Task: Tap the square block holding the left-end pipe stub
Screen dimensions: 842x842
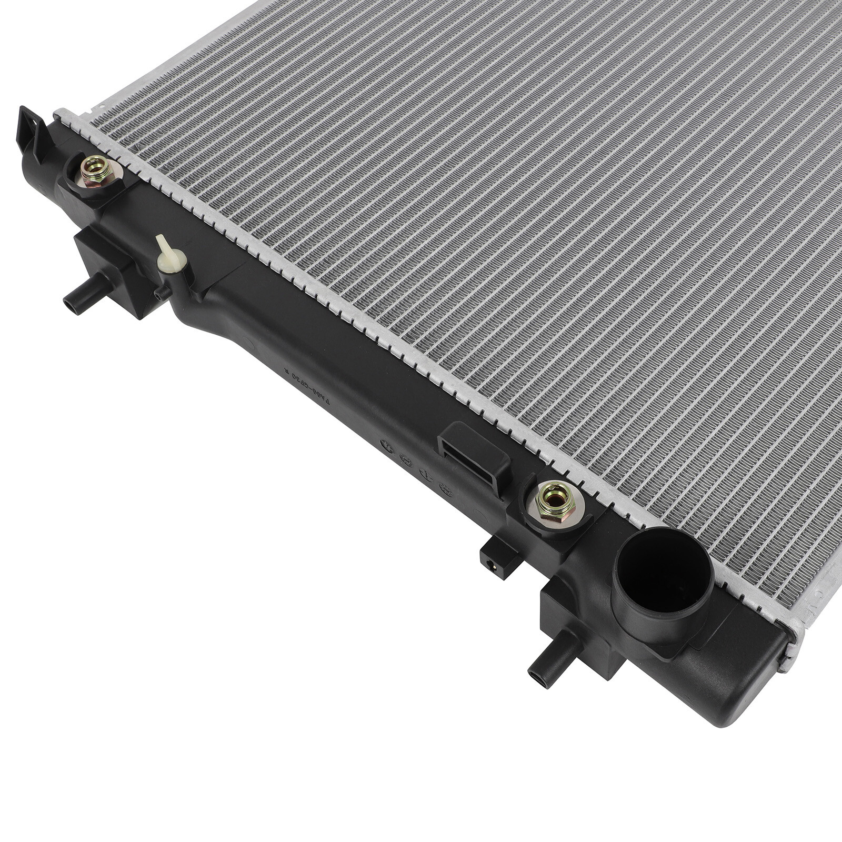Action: coord(111,271)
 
